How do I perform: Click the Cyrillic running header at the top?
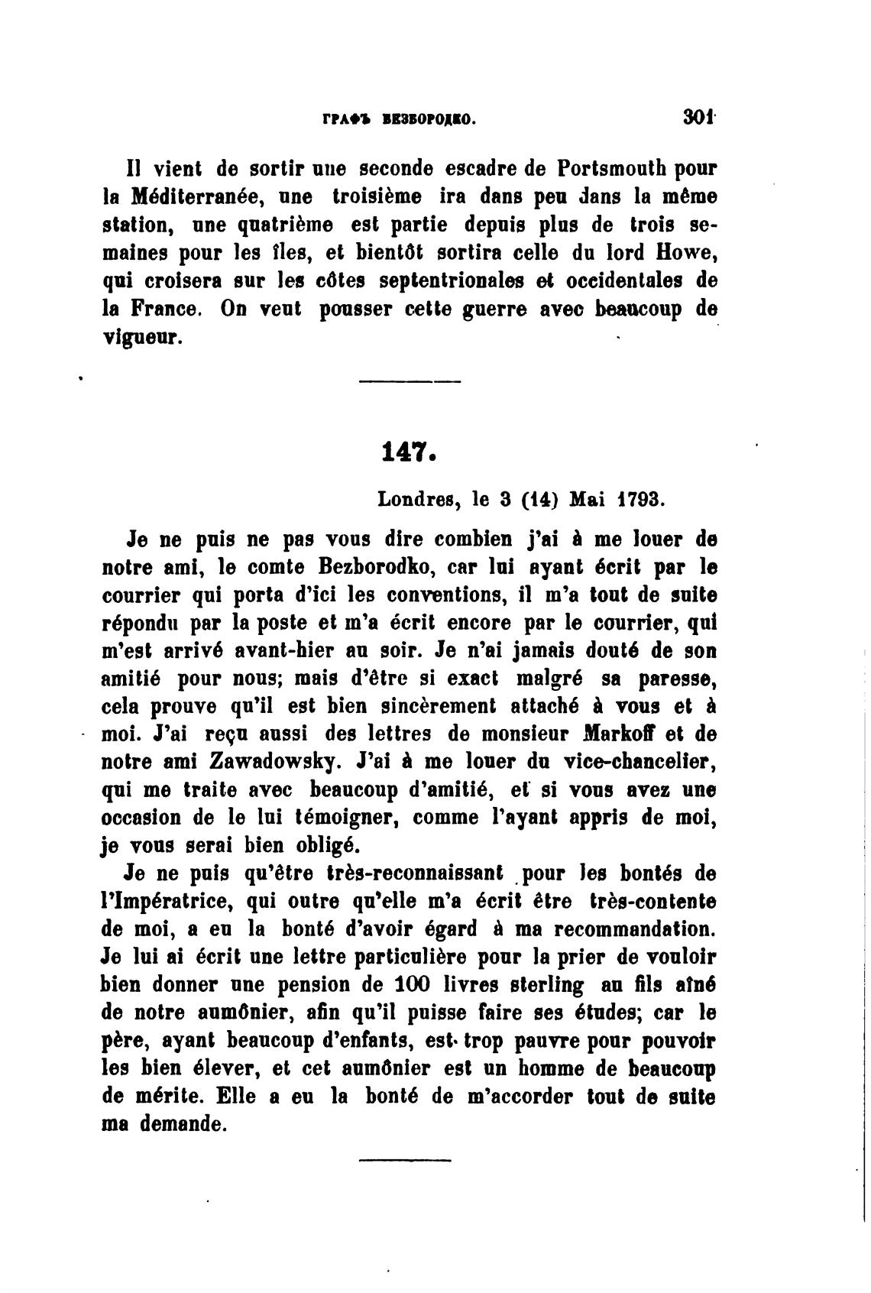pyautogui.click(x=399, y=119)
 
